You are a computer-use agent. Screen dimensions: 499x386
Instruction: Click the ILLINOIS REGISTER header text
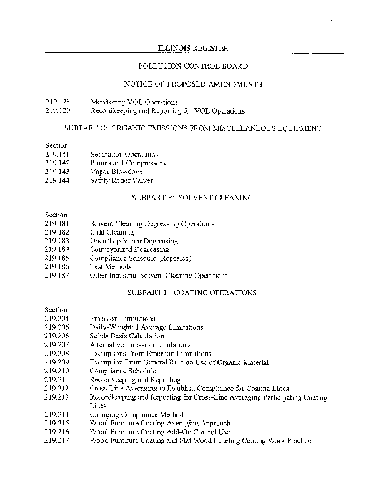pyautogui.click(x=192, y=48)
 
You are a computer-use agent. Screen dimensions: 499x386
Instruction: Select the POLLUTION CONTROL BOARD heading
pyautogui.click(x=192, y=65)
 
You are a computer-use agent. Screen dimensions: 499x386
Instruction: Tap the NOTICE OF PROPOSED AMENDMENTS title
pyautogui.click(x=192, y=84)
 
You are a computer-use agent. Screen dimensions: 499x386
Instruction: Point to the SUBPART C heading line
pyautogui.click(x=192, y=128)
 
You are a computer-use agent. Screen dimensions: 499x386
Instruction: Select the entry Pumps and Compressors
pyautogui.click(x=127, y=163)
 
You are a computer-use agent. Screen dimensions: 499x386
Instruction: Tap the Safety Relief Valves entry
pyautogui.click(x=122, y=180)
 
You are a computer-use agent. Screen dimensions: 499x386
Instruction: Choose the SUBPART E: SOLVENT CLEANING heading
pyautogui.click(x=192, y=197)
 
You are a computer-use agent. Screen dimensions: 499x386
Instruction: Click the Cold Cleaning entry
pyautogui.click(x=112, y=232)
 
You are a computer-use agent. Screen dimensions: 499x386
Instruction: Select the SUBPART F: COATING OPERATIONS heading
pyautogui.click(x=192, y=292)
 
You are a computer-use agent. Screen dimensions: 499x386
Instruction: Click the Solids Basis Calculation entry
pyautogui.click(x=127, y=336)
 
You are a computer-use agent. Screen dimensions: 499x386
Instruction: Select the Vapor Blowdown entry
pyautogui.click(x=117, y=172)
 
